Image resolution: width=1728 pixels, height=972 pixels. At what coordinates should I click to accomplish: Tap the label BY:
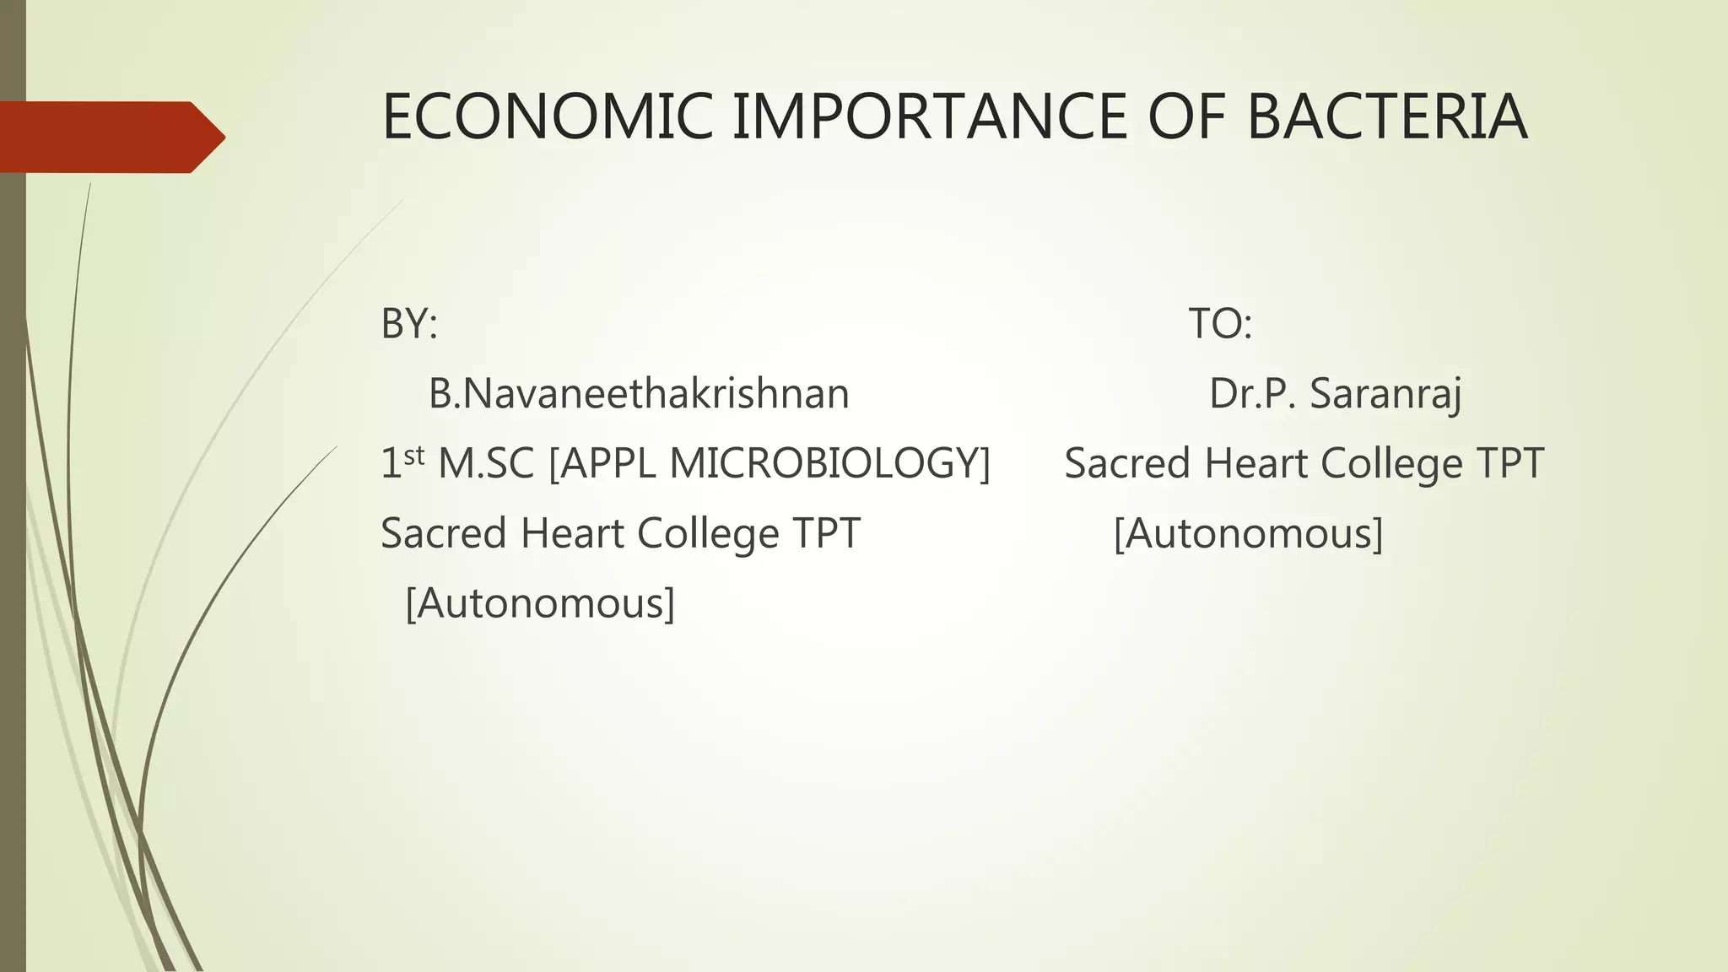(x=409, y=323)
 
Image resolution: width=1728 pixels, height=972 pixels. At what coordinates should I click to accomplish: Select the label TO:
(x=1220, y=323)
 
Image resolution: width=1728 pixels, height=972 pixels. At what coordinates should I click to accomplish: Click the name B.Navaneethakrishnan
(x=639, y=394)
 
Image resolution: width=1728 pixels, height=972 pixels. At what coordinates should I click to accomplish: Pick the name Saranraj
(x=1385, y=394)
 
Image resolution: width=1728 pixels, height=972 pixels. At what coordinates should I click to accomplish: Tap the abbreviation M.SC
(x=486, y=463)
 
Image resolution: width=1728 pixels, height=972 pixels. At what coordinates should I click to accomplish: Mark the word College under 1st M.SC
(x=707, y=533)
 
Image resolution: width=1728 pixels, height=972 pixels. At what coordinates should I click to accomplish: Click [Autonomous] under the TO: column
(x=1248, y=533)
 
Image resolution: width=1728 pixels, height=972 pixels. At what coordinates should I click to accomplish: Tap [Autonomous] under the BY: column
(x=540, y=603)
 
